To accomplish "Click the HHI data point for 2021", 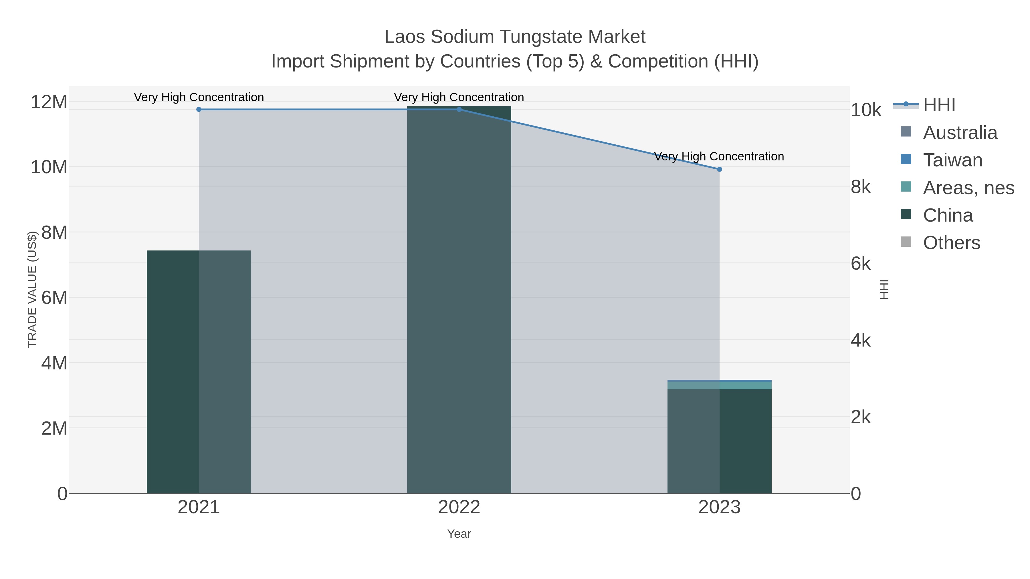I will click(x=199, y=110).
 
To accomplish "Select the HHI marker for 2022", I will click(x=459, y=110).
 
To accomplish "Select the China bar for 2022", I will click(x=459, y=300).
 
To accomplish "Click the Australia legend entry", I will click(x=960, y=133).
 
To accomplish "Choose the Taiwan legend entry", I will click(x=952, y=160).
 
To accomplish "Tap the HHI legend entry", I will click(x=939, y=105).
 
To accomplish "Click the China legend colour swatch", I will click(x=906, y=214).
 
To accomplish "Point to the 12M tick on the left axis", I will click(x=49, y=102).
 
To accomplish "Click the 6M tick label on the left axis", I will click(x=54, y=298).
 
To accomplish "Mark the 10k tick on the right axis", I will click(x=866, y=110).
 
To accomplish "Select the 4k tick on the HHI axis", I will click(x=860, y=341).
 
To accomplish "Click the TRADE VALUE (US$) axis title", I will click(x=32, y=289).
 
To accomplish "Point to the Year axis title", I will click(x=459, y=534).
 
